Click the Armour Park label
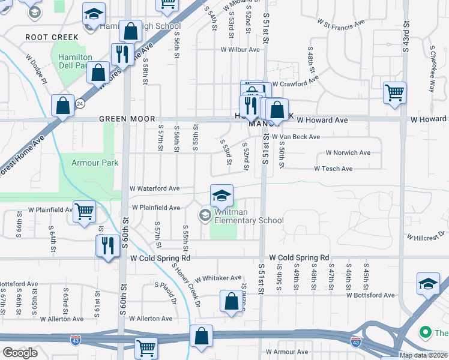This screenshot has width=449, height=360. point(95,163)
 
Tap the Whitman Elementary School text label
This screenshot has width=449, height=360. point(242,220)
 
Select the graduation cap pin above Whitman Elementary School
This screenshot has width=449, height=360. point(221,196)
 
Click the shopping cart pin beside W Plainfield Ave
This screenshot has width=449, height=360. point(85,211)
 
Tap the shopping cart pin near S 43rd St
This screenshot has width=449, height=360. point(394,93)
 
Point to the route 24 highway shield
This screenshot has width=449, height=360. point(80,103)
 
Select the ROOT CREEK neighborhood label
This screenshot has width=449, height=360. point(52,37)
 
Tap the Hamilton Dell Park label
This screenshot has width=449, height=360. point(75,61)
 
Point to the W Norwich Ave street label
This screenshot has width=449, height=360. point(348,153)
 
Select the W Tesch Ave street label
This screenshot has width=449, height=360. point(333,169)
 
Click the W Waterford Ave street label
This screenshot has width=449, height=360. point(155,188)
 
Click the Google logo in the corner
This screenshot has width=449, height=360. point(20,353)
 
